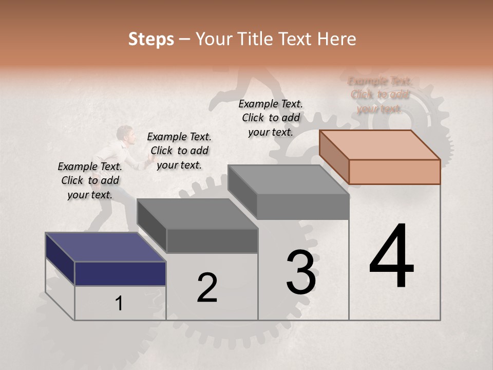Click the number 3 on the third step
(x=301, y=272)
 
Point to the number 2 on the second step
(x=207, y=287)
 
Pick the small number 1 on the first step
(x=119, y=304)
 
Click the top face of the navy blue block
(x=105, y=247)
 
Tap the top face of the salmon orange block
(x=380, y=144)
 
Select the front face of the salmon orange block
(x=394, y=172)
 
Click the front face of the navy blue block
(x=120, y=273)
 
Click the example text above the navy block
(x=90, y=180)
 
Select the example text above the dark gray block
(x=179, y=151)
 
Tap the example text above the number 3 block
(x=271, y=118)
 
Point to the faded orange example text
(x=380, y=95)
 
